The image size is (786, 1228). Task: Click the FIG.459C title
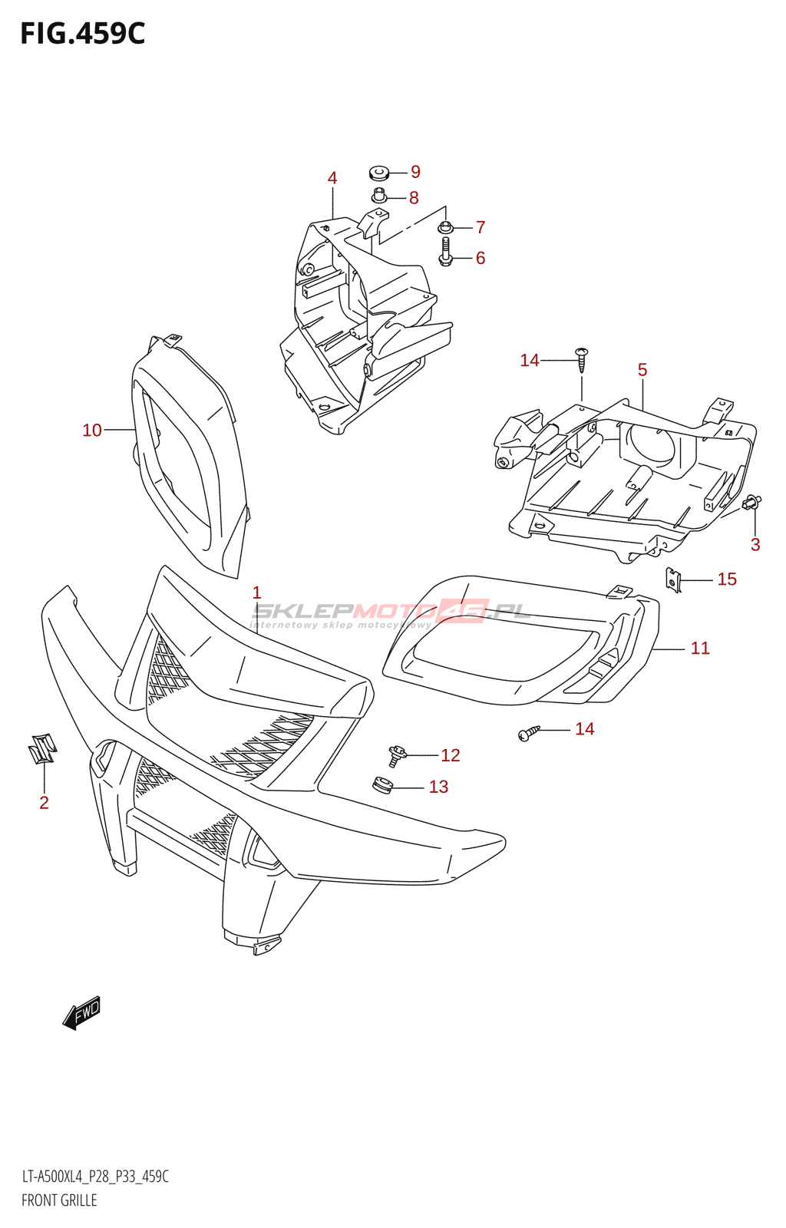click(82, 34)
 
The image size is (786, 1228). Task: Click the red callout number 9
click(415, 172)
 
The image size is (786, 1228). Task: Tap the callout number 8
click(414, 198)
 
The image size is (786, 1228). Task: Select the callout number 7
click(481, 227)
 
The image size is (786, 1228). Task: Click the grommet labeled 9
click(378, 172)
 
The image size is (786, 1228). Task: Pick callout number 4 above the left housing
click(332, 178)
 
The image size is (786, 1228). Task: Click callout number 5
click(642, 370)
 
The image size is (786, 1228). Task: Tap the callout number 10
click(92, 431)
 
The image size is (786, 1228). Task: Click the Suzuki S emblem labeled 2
click(42, 748)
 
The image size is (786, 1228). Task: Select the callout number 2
click(44, 803)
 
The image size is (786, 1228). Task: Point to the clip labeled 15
click(673, 579)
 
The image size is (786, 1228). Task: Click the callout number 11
click(700, 649)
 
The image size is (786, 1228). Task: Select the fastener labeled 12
click(396, 756)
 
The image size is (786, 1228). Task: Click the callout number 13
click(438, 787)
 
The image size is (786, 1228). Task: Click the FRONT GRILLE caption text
click(59, 1200)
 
